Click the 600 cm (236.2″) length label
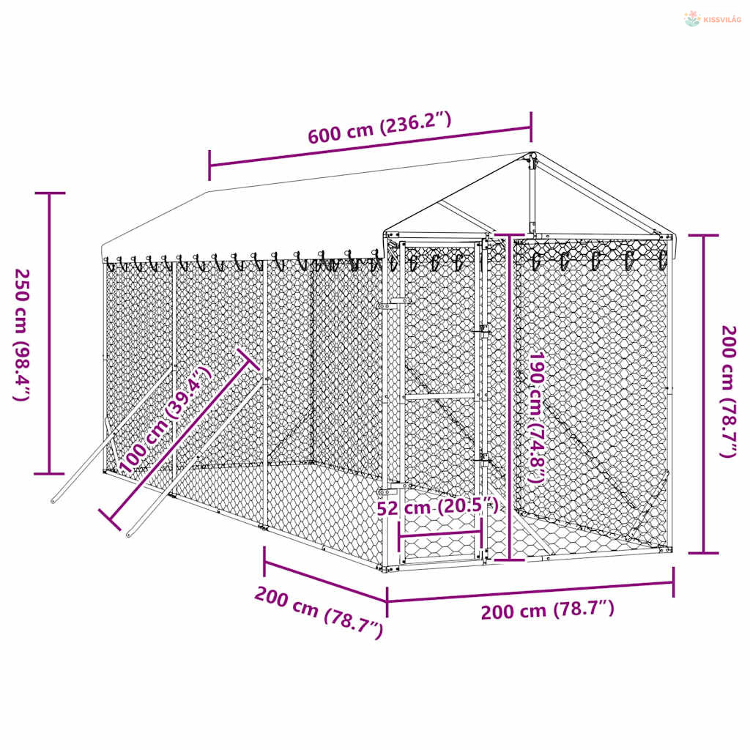[x=379, y=127]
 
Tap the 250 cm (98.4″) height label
[x=22, y=334]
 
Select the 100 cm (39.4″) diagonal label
[x=165, y=419]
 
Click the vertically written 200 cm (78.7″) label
[x=729, y=391]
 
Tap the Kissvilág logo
[x=713, y=19]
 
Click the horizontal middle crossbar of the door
[x=440, y=396]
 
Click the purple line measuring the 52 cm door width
[x=440, y=534]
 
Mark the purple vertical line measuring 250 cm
[x=49, y=333]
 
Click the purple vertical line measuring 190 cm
[x=510, y=397]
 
